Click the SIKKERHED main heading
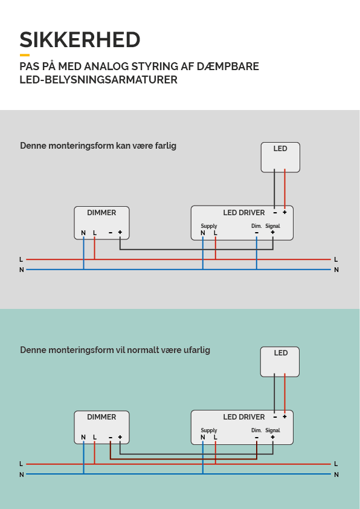point(80,40)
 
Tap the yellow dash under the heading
point(25,55)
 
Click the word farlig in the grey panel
point(166,146)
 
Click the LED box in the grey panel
point(280,157)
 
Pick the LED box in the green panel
point(280,361)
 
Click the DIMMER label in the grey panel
point(101,213)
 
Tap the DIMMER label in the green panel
point(101,417)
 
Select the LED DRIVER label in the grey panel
point(244,213)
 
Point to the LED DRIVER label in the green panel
point(244,417)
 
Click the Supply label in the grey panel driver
point(209,226)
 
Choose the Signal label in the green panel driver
point(273,430)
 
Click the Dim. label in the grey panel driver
point(257,226)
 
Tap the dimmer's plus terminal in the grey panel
point(120,232)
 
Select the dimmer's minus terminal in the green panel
point(111,437)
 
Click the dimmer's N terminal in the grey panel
point(83,233)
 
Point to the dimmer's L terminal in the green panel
point(95,437)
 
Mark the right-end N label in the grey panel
point(336,270)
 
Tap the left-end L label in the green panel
point(21,464)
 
